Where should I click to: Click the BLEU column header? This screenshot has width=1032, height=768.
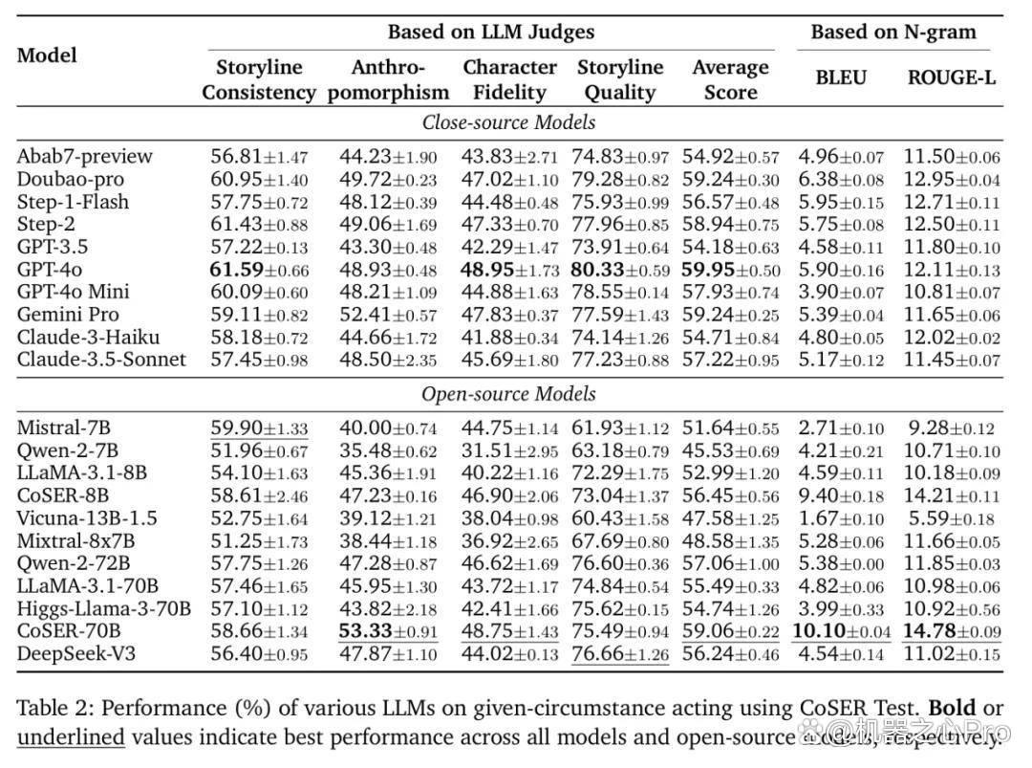point(841,77)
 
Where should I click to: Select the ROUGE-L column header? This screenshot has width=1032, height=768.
point(951,77)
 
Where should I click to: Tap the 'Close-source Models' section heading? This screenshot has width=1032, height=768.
point(508,122)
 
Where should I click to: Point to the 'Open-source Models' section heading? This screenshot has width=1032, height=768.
point(508,394)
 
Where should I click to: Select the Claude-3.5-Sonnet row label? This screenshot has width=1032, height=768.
point(101,360)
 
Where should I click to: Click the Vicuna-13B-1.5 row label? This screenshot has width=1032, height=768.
point(88,518)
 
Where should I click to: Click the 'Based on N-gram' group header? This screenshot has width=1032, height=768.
point(893,32)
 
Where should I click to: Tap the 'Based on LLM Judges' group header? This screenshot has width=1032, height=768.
point(491,32)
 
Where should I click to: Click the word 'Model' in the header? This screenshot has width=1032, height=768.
point(47,55)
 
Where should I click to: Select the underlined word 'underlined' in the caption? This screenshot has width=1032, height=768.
point(71,737)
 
